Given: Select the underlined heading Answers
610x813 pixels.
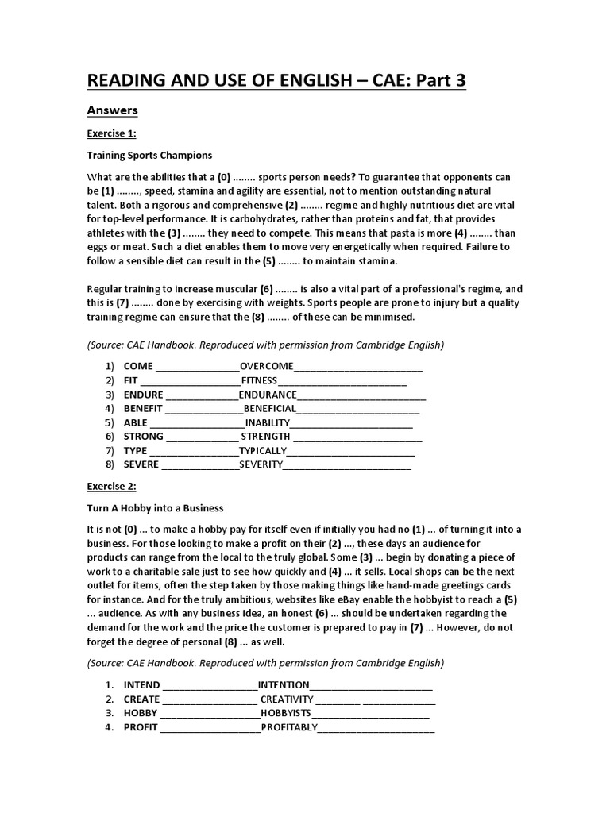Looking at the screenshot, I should tap(113, 110).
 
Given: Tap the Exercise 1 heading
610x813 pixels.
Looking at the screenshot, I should tap(111, 133).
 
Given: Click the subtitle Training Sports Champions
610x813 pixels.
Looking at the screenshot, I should tap(149, 155).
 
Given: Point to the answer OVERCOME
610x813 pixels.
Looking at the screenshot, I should tap(267, 366).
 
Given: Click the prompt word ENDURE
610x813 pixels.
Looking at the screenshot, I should tap(143, 395).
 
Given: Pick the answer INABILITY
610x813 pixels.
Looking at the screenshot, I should tap(268, 422).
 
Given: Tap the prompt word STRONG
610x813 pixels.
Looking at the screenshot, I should tap(143, 436).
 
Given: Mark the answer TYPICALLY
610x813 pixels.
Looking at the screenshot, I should tap(268, 450).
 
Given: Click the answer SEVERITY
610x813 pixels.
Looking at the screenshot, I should tap(261, 464).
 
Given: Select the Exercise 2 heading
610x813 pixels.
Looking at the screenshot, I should tap(111, 486).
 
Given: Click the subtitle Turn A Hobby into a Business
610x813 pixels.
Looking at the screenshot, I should tap(155, 507).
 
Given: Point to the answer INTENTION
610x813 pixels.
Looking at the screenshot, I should tap(284, 684).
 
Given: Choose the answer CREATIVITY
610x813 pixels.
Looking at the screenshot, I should tap(288, 699).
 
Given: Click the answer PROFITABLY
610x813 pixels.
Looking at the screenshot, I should tap(290, 726).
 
